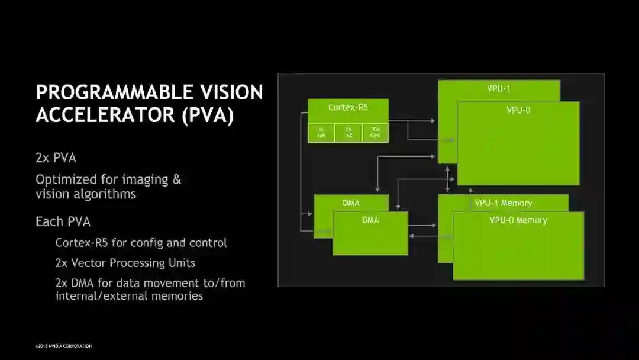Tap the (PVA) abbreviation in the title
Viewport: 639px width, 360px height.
pos(208,115)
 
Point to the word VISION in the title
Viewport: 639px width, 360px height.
pos(230,92)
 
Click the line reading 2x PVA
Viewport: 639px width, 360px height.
pos(56,158)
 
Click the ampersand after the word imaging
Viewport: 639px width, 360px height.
pos(176,179)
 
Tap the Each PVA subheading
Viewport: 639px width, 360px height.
pos(63,222)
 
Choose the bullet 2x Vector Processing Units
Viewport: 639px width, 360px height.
pos(125,263)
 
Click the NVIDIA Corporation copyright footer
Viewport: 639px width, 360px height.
pos(63,346)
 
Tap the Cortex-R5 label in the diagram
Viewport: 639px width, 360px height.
pos(348,107)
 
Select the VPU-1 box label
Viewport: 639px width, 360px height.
pos(499,89)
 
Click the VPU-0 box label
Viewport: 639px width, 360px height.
pos(518,110)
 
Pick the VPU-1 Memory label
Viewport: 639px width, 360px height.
pos(503,203)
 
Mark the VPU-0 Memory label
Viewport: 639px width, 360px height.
pos(518,220)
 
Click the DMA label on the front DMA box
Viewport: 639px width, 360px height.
pos(370,220)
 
